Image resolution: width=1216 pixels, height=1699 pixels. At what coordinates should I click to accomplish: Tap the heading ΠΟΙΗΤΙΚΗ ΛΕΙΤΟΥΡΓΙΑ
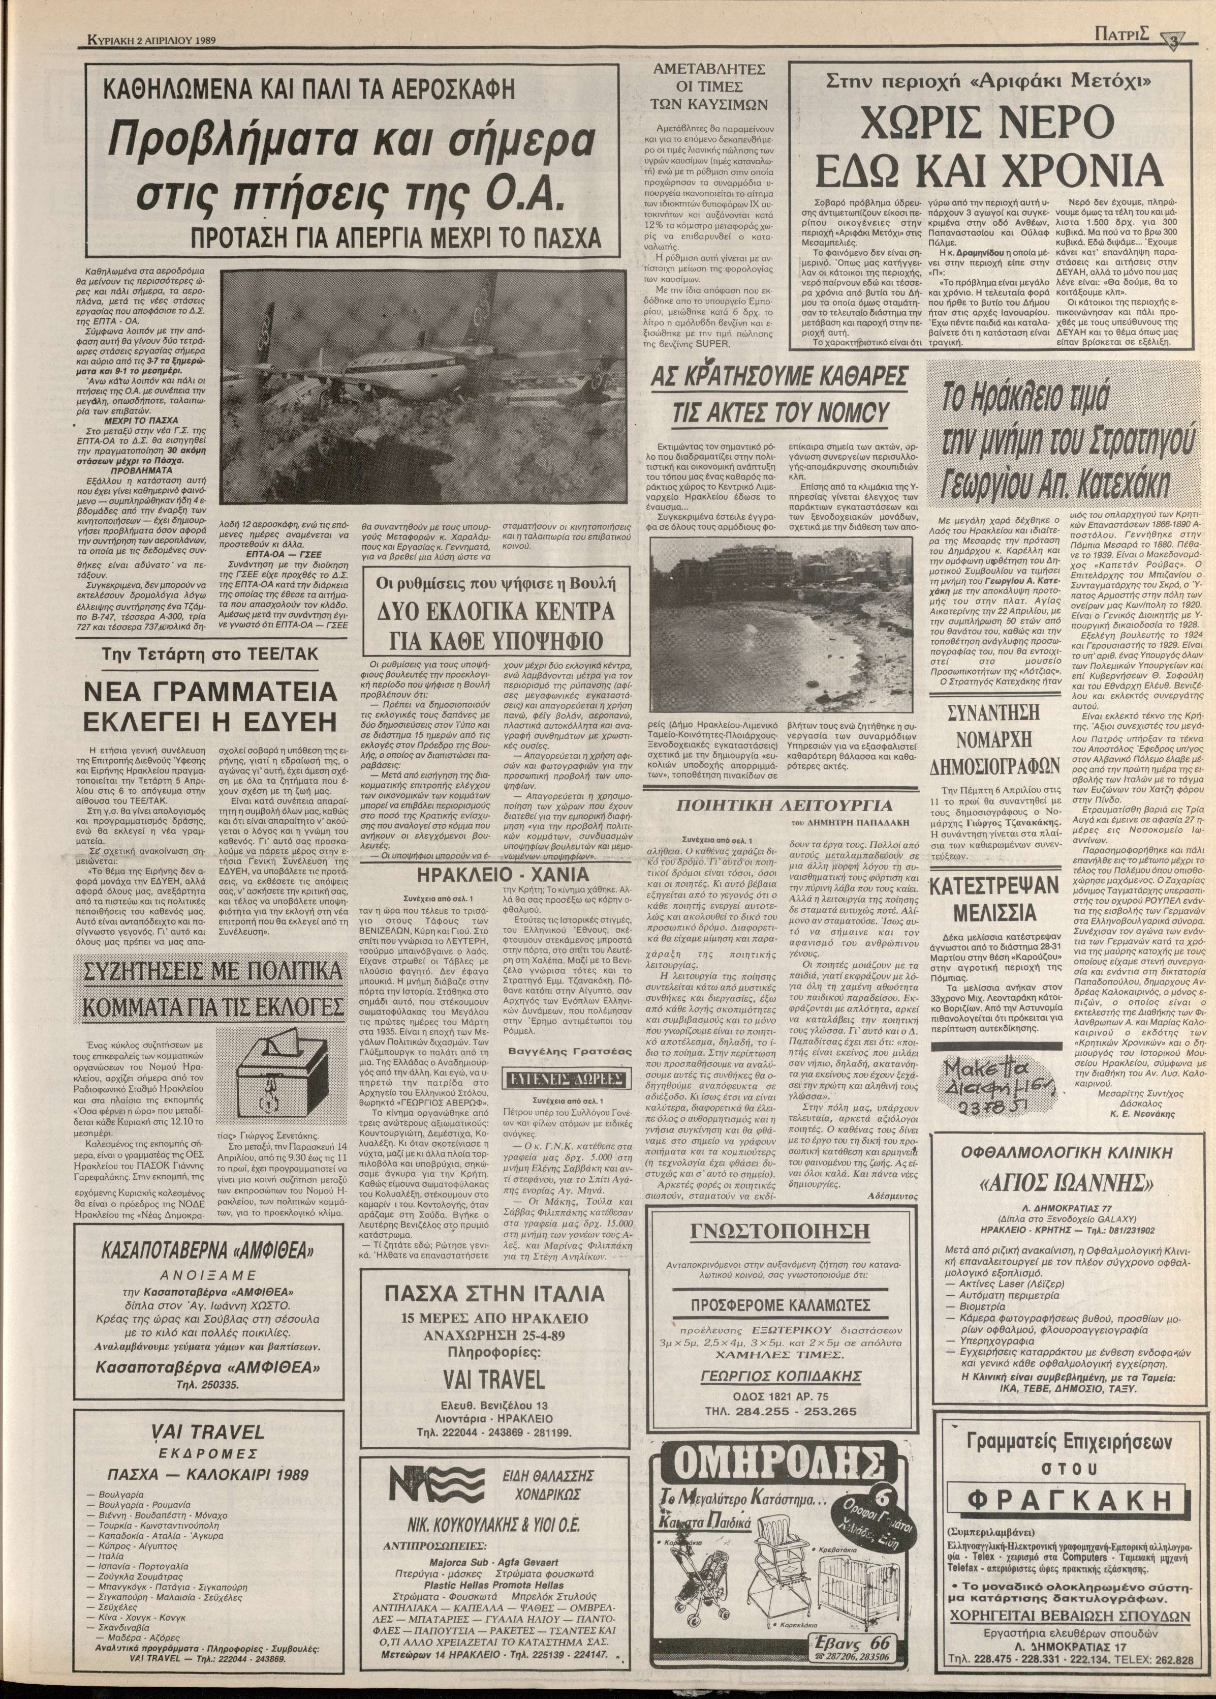pos(784,806)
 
